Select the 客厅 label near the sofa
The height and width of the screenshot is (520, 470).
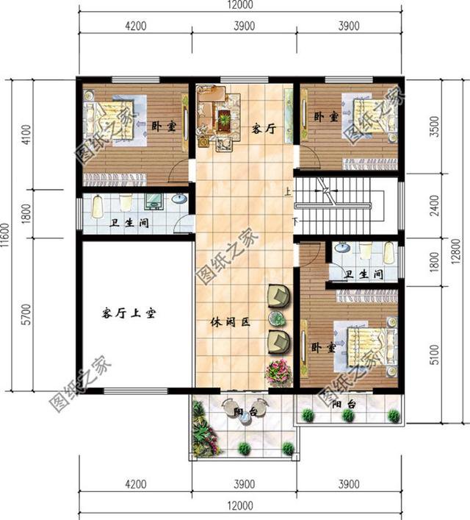pos(263,129)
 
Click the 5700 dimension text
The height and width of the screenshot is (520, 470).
pos(27,313)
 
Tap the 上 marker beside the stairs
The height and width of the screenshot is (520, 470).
pos(288,192)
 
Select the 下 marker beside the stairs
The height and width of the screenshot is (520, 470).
pos(295,221)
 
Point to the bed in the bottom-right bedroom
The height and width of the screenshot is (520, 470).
pos(365,344)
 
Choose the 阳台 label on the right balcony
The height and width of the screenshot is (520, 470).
pos(343,405)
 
